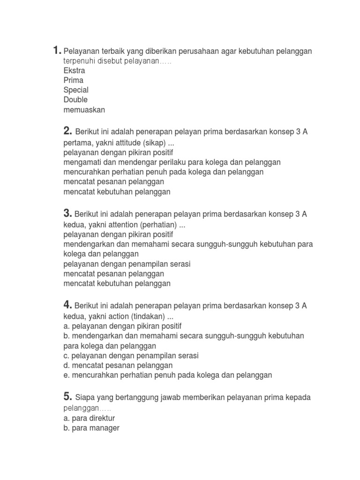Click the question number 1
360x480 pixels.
tap(56, 50)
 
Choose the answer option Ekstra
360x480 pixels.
tap(75, 71)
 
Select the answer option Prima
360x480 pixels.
tap(74, 80)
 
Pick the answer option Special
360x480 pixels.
tap(76, 90)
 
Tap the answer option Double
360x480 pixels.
tap(75, 100)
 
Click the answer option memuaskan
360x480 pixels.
tap(84, 110)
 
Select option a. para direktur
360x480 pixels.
tap(90, 418)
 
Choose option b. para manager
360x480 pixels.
tap(91, 428)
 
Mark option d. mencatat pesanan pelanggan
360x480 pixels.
tap(118, 365)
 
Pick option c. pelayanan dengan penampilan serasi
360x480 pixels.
tap(131, 356)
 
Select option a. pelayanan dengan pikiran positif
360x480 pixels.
tap(122, 326)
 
